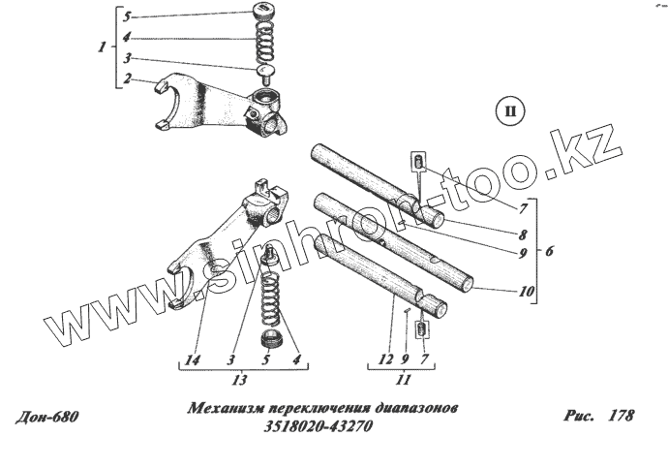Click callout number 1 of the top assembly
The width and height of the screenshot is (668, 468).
coord(104,47)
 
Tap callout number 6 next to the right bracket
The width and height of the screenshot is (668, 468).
coord(549,250)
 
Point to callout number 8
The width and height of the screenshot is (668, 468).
coord(522,234)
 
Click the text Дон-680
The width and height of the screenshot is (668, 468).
coord(46,418)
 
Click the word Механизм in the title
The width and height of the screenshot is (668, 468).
coord(225,410)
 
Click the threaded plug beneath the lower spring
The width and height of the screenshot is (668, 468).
coord(273,340)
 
